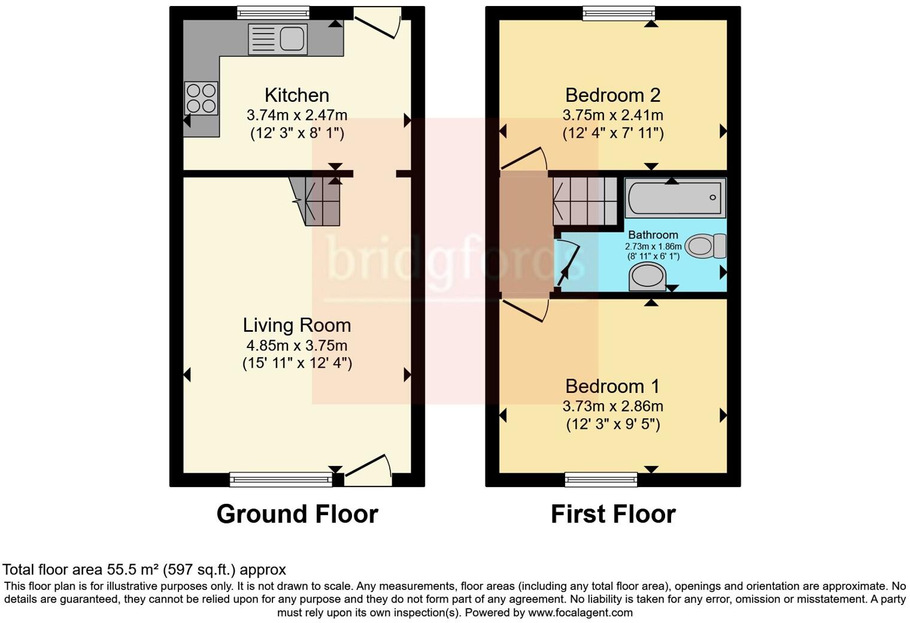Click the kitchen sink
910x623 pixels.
(x=278, y=40)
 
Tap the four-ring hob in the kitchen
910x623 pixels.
(x=201, y=98)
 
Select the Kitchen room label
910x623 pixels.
(x=297, y=95)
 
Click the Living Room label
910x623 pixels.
(x=297, y=325)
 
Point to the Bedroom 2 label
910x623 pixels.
(x=612, y=95)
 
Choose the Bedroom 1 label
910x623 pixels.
(x=612, y=386)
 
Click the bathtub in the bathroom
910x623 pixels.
(x=675, y=197)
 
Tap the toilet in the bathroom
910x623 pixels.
(x=705, y=246)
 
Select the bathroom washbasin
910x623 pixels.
(x=647, y=277)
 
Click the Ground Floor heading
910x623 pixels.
(x=297, y=514)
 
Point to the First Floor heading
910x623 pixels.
(x=613, y=514)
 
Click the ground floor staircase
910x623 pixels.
(x=317, y=201)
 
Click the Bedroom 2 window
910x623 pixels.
(x=619, y=13)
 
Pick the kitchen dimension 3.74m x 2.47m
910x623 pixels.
(x=297, y=115)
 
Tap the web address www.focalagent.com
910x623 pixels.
(x=580, y=613)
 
